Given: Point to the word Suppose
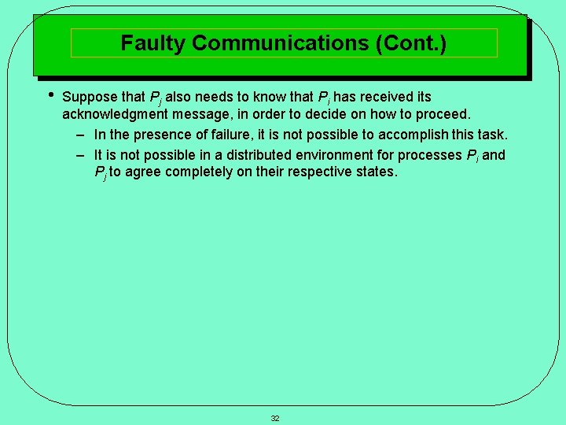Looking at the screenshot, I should click(x=90, y=98).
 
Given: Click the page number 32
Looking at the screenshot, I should click(x=275, y=418).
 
